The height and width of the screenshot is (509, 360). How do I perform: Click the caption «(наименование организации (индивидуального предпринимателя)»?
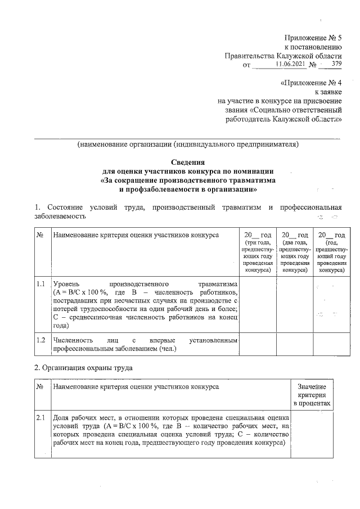click(x=188, y=144)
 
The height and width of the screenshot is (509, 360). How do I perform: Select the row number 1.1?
click(x=40, y=284)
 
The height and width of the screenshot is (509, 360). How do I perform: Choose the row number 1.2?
click(x=40, y=340)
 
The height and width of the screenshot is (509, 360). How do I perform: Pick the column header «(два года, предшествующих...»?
click(x=294, y=256)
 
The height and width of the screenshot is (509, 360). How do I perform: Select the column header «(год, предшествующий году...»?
click(x=331, y=256)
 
